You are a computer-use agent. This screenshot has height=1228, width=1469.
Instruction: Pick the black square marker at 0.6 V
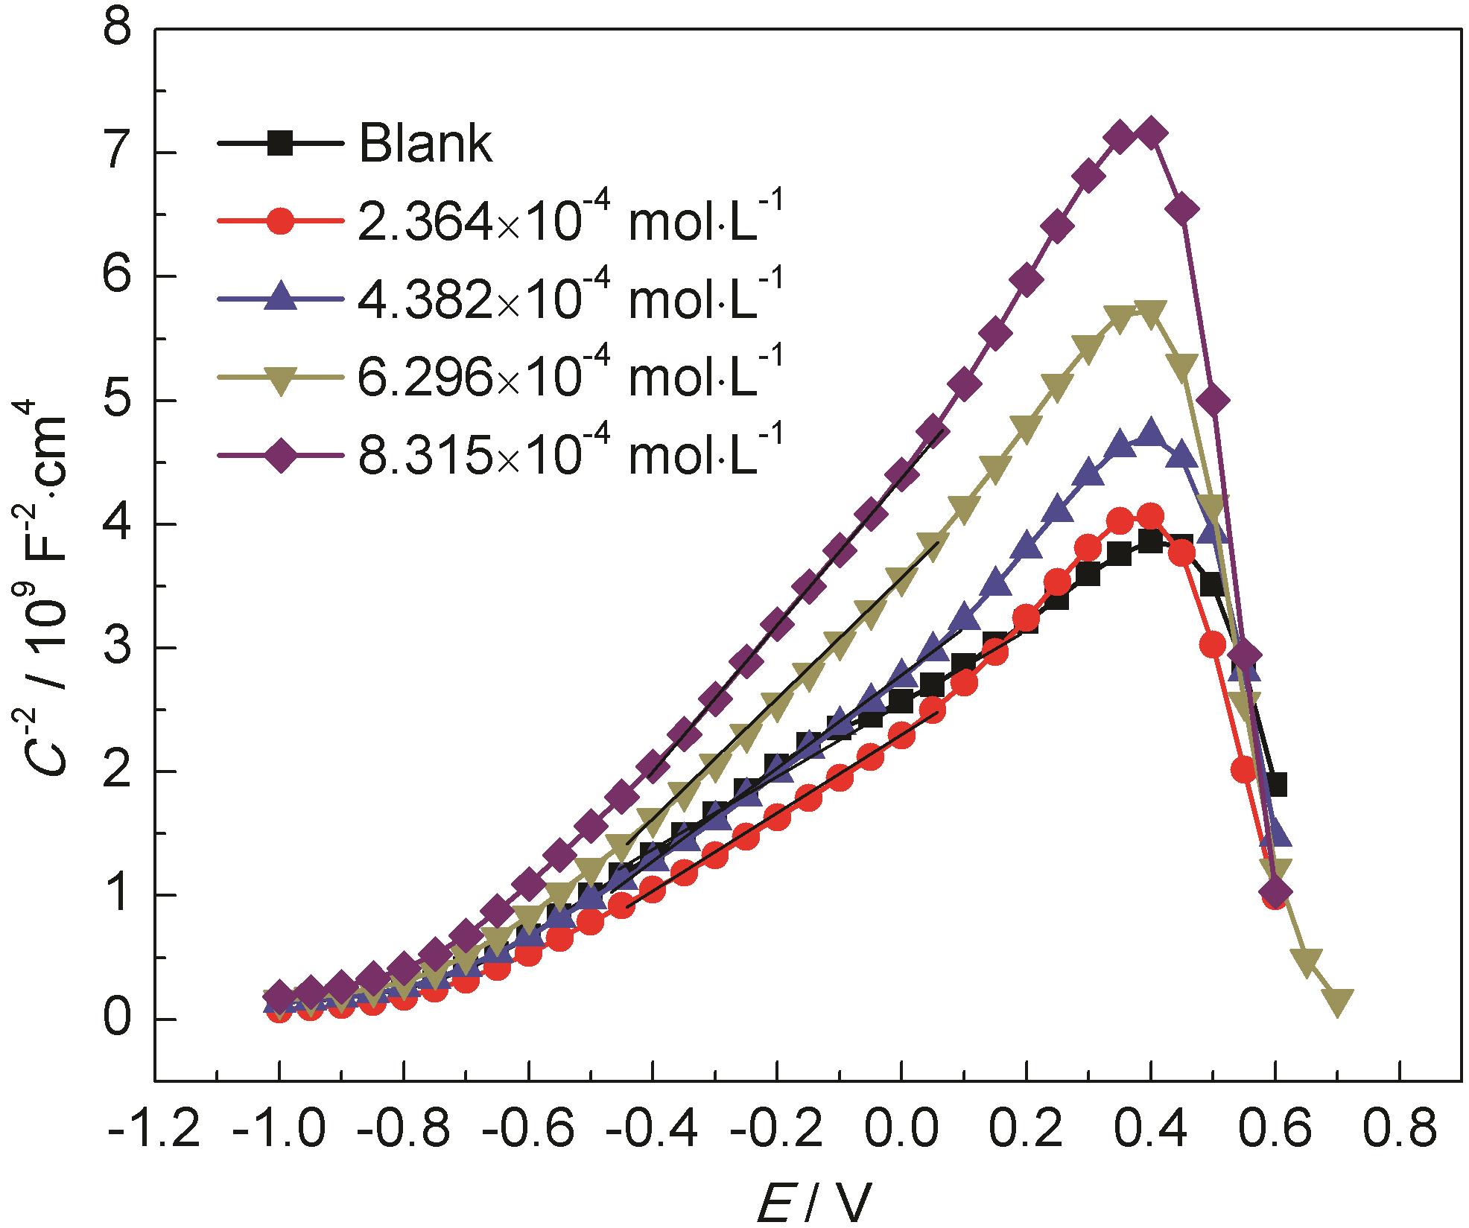coord(1275,785)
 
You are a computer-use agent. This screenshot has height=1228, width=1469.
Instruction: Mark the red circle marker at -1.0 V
coord(279,1011)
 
